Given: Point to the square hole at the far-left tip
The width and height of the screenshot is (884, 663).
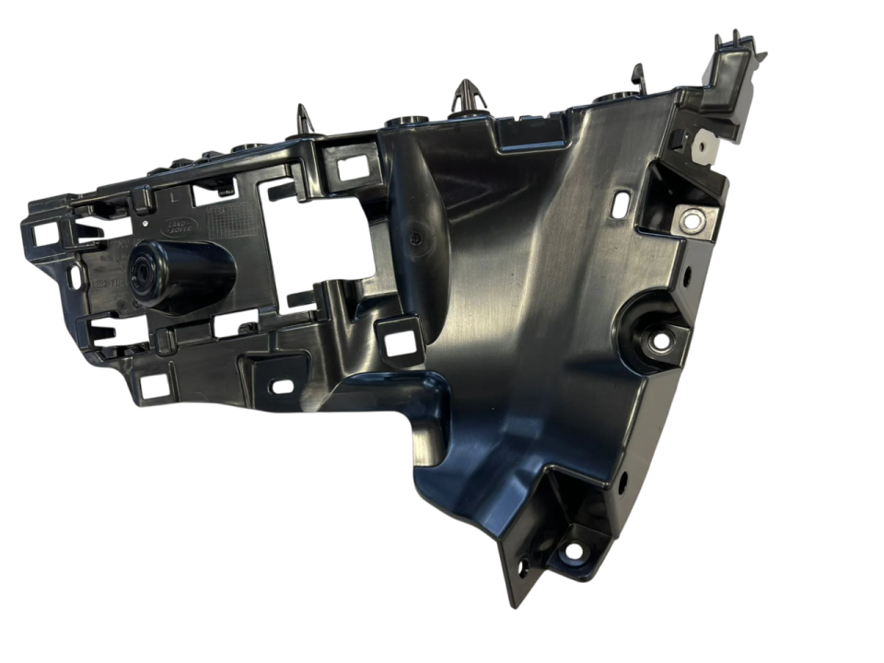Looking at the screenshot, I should click(44, 235).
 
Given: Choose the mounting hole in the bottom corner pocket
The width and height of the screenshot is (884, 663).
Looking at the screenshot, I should click(573, 552).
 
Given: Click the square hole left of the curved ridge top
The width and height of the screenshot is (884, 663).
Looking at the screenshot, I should click(351, 169).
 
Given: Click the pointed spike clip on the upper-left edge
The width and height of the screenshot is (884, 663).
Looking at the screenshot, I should click(304, 120).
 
